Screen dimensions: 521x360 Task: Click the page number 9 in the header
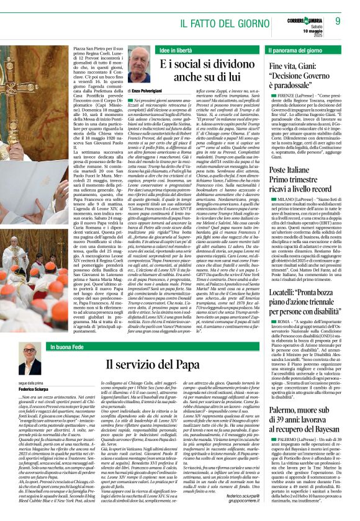point(338,20)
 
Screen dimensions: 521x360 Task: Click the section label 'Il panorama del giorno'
point(295,49)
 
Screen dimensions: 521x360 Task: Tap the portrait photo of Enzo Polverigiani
point(139,66)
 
